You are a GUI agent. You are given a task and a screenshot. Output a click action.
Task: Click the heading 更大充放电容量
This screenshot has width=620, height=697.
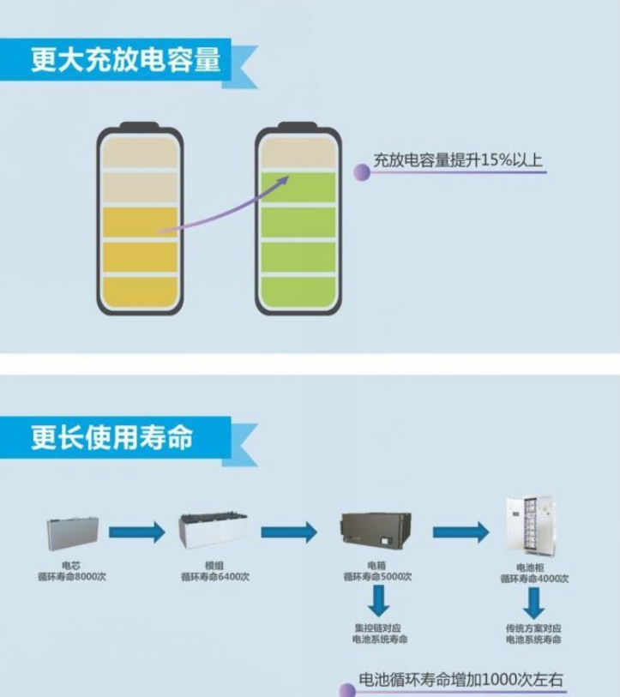[126, 60]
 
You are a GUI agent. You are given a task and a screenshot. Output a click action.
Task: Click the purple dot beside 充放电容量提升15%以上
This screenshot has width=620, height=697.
[362, 172]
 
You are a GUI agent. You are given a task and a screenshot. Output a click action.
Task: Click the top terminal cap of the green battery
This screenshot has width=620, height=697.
[298, 126]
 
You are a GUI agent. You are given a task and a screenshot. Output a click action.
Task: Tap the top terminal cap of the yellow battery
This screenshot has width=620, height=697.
[140, 126]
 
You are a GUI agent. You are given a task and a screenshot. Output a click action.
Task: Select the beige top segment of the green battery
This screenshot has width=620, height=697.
[298, 153]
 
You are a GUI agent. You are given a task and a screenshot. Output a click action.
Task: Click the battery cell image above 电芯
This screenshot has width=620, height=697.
[73, 532]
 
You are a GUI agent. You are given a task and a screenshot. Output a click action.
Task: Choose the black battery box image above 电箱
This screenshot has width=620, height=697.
[376, 532]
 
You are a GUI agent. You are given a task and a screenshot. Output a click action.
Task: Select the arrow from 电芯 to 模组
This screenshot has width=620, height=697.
[137, 532]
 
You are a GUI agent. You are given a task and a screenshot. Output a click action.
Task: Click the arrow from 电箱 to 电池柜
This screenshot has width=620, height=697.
[460, 532]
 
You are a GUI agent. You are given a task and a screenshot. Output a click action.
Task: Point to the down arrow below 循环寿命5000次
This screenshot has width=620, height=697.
[376, 601]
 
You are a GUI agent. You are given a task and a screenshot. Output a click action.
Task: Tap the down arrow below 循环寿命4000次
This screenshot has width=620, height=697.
[533, 603]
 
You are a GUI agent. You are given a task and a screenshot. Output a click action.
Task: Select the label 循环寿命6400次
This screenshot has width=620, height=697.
[215, 577]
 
